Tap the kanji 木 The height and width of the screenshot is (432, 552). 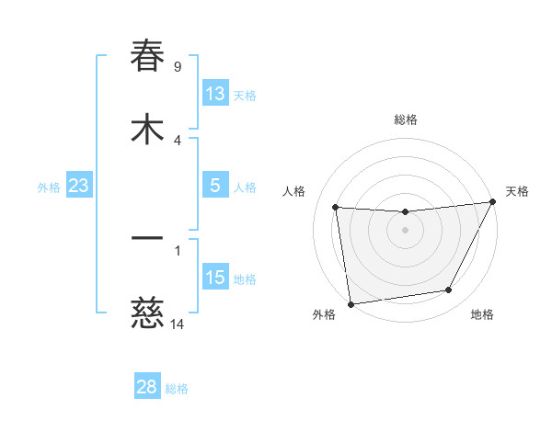147,130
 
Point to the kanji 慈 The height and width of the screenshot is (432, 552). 147,314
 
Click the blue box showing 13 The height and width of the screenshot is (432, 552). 215,94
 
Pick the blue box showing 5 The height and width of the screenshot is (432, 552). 215,186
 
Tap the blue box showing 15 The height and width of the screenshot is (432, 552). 215,278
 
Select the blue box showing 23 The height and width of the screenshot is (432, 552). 79,186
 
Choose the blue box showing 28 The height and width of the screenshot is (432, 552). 147,387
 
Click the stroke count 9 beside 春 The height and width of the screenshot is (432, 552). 178,67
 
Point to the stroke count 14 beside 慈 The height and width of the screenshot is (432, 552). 178,324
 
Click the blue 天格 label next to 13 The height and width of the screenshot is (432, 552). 245,95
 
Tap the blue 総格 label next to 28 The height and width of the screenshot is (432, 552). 177,388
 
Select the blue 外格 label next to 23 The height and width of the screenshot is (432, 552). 49,187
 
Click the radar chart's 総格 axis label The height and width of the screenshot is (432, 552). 406,119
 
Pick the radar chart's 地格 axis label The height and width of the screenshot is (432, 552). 482,314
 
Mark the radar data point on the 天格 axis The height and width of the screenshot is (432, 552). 493,202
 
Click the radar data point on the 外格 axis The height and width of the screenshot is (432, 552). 351,303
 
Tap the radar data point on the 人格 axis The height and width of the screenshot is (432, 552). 336,208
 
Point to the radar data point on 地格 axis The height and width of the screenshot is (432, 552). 449,290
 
